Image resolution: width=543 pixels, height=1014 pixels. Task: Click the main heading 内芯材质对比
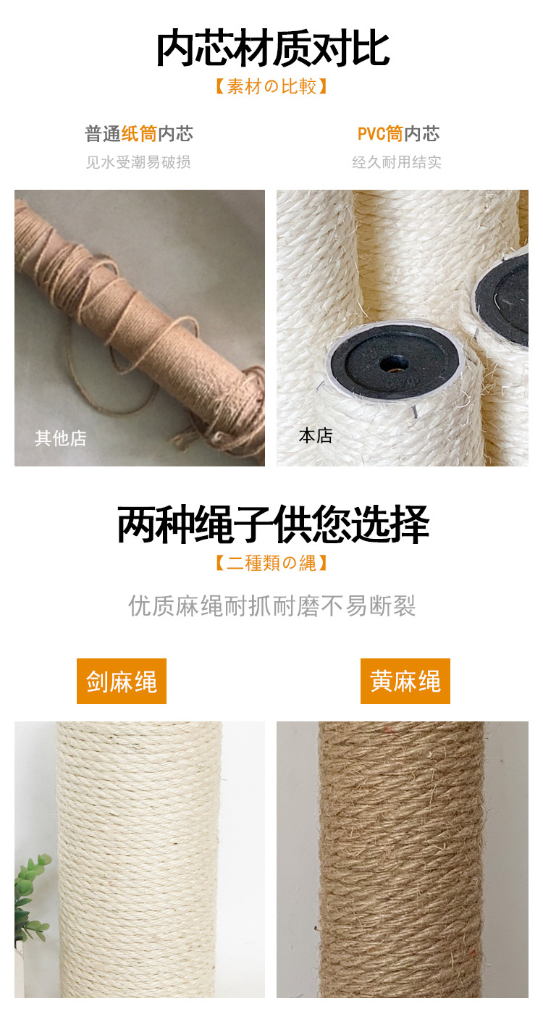[x=272, y=49]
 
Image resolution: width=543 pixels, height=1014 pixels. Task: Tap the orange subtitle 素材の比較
[x=272, y=87]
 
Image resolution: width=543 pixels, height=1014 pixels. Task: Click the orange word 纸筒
[x=139, y=134]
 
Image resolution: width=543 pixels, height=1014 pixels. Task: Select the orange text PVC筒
[x=379, y=134]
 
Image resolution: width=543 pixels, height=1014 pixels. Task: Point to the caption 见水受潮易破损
[x=138, y=162]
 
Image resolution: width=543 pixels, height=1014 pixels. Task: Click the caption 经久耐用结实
[x=397, y=162]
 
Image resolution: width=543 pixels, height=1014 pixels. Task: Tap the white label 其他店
[x=61, y=438]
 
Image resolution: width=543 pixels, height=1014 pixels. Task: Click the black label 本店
[x=316, y=436]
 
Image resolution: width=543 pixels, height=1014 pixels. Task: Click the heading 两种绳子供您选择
[x=272, y=525]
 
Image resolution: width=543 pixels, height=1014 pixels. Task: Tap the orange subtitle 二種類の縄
[x=272, y=563]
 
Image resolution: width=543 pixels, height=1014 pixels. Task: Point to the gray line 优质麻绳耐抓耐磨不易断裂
[x=272, y=606]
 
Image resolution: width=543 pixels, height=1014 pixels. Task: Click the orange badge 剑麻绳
[x=122, y=682]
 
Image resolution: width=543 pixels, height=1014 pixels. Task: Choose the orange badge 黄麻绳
[x=405, y=682]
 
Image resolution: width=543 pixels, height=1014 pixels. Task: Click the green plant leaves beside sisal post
[x=33, y=894]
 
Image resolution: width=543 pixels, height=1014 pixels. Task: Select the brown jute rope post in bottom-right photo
[x=402, y=862]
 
